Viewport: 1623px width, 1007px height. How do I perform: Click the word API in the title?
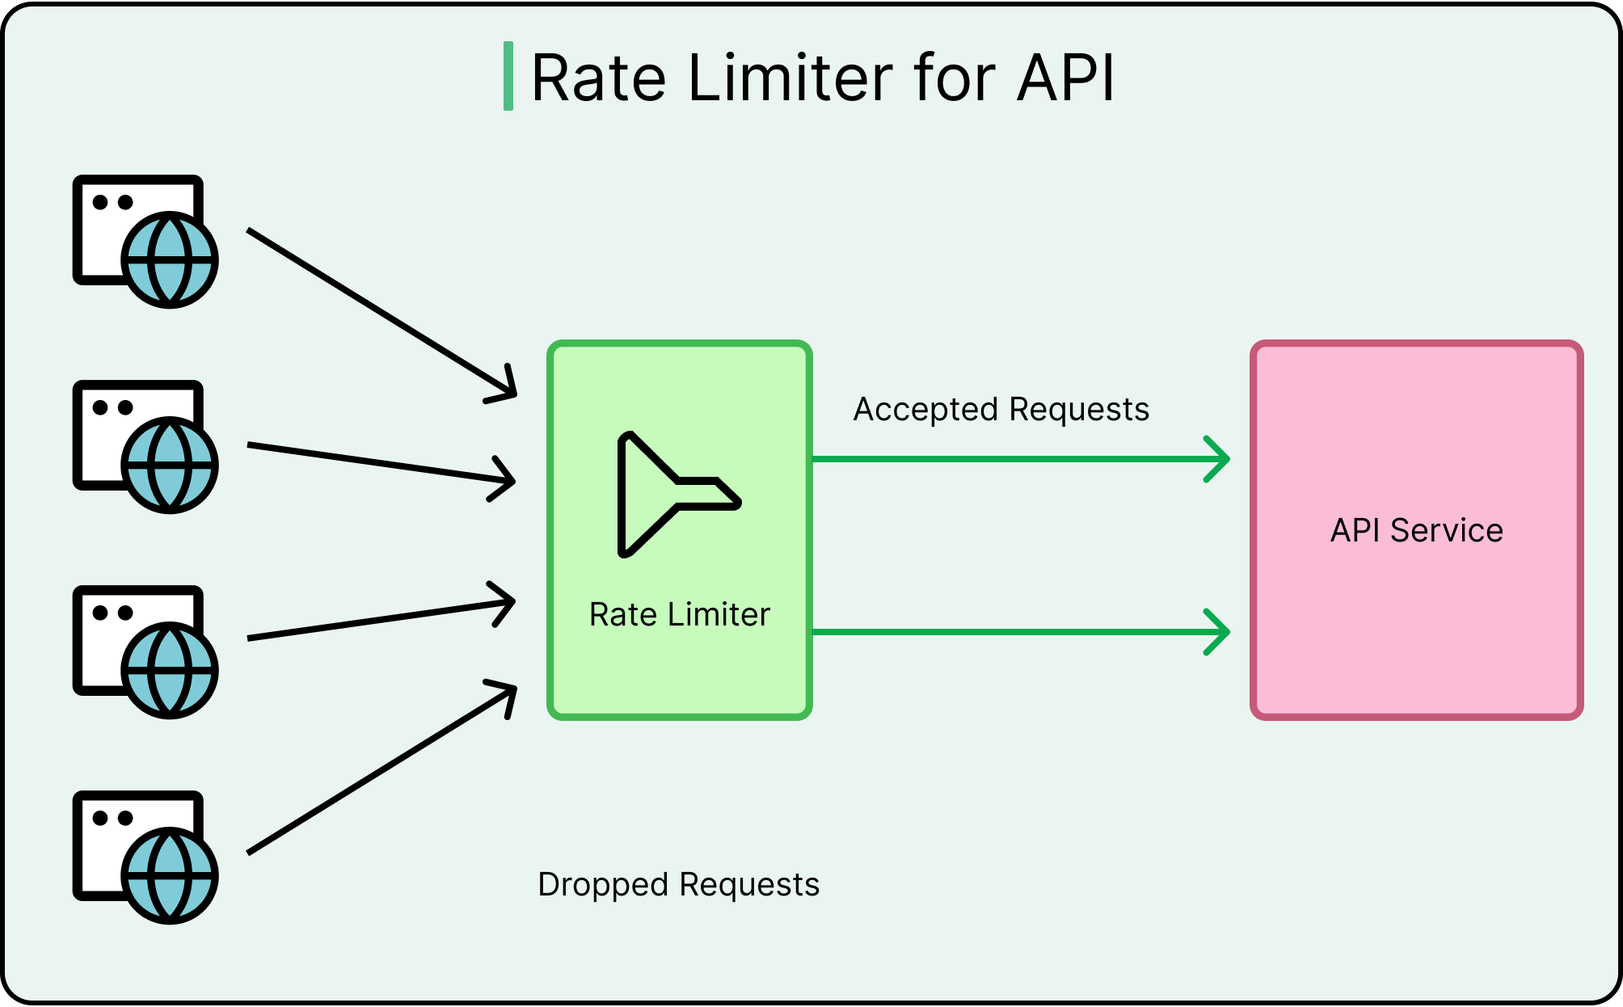(x=1065, y=78)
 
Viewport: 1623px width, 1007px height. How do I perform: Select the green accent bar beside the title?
(x=508, y=76)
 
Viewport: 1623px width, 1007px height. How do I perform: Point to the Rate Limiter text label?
(x=679, y=615)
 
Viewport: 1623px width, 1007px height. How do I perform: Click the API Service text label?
(x=1416, y=531)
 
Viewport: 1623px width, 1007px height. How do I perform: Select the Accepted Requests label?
(x=1001, y=410)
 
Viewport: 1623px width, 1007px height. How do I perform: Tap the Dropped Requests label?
(x=678, y=885)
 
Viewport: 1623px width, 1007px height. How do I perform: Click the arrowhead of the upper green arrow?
(x=1219, y=459)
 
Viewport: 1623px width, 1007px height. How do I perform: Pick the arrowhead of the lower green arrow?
(x=1219, y=632)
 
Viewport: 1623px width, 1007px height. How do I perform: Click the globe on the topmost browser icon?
(x=170, y=260)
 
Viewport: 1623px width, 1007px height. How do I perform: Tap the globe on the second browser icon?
(x=170, y=466)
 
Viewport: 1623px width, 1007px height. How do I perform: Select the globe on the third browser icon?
(x=170, y=671)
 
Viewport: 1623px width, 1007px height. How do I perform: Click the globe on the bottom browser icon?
(x=170, y=876)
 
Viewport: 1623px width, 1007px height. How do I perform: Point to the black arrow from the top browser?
(x=380, y=313)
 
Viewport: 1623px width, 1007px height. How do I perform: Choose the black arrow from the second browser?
(x=380, y=462)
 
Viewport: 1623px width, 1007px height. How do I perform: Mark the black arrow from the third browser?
(x=380, y=620)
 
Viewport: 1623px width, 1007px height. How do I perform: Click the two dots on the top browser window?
(x=112, y=202)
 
